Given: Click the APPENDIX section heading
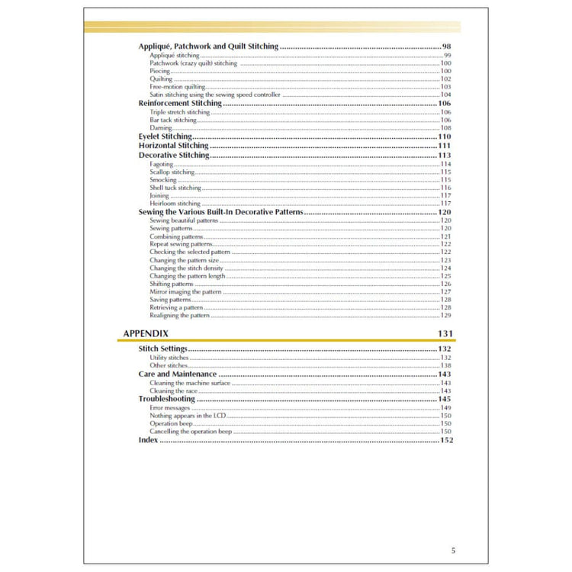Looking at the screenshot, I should (146, 333).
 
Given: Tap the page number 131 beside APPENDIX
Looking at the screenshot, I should (445, 333).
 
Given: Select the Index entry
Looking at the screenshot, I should (148, 440).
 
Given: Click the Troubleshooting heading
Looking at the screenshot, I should (166, 399).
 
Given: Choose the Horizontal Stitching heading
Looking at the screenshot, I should (173, 145).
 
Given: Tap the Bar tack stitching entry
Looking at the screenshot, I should (173, 120).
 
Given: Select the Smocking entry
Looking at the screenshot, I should (163, 180).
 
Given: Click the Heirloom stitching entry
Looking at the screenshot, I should (175, 204).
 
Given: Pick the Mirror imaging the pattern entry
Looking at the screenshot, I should (185, 292).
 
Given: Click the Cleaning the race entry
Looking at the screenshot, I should (172, 390).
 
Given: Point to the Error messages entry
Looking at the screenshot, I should (169, 408).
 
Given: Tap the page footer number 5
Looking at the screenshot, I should (453, 550).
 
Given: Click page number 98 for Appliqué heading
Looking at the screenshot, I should (448, 47).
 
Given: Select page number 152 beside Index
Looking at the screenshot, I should (446, 440).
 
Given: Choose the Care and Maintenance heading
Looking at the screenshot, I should (177, 374).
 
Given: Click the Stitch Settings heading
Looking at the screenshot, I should (162, 349).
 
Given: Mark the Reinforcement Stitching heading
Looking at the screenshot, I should (180, 103).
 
